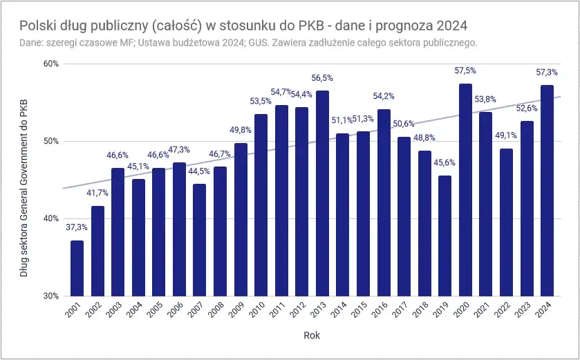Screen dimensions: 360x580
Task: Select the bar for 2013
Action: coord(322,193)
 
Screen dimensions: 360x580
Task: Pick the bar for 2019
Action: coord(445,236)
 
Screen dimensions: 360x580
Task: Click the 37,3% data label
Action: coord(77,227)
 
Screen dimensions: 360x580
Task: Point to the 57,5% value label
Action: coord(465,70)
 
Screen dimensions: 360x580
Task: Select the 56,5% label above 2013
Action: coord(322,78)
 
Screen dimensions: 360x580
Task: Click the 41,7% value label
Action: coord(97,193)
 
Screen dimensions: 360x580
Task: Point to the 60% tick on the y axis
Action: coord(51,64)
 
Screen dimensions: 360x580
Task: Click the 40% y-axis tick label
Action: coord(51,218)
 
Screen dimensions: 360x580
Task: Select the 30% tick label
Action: coord(51,296)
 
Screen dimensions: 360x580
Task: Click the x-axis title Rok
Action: coord(311,336)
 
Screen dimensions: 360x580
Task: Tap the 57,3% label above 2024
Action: coord(547,72)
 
